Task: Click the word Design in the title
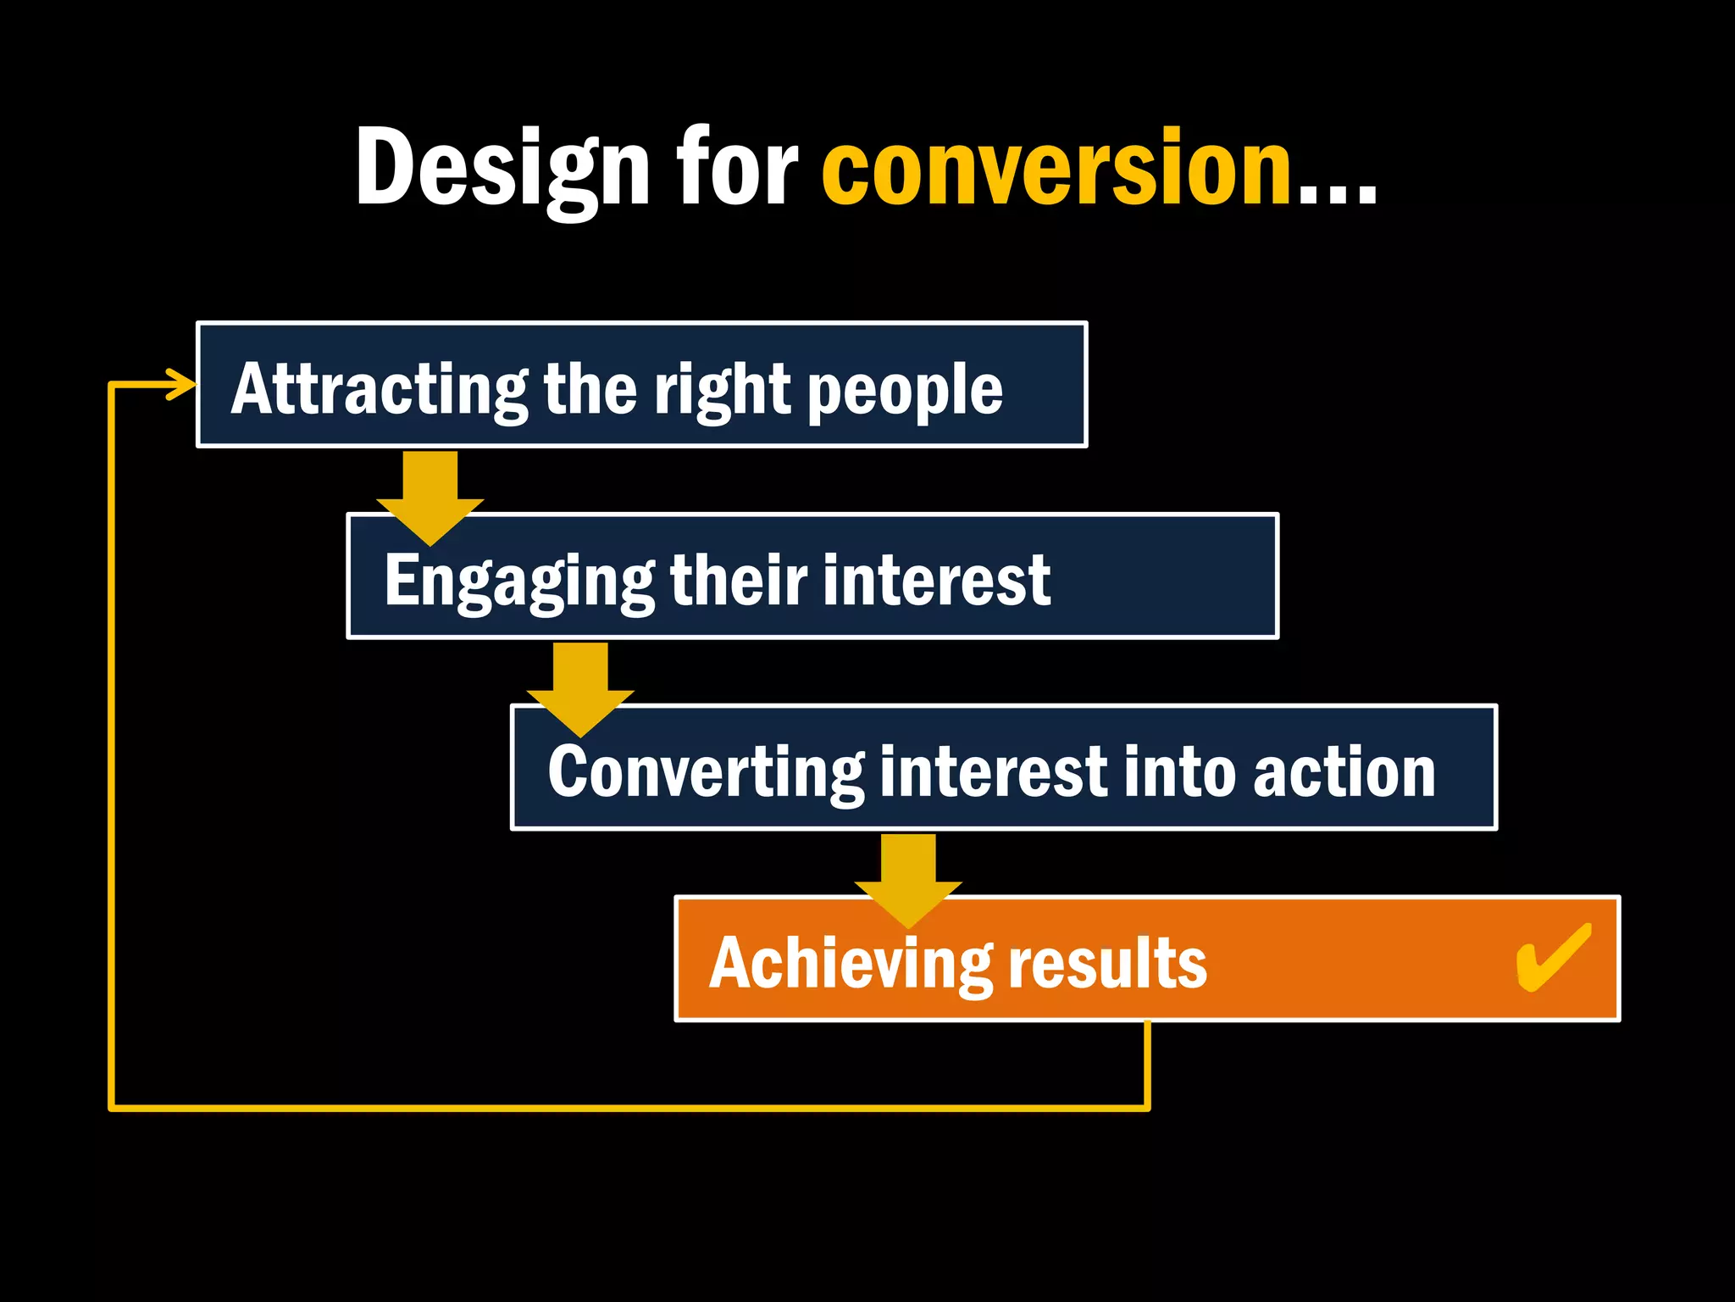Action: tap(502, 168)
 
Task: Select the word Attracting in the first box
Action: tap(379, 390)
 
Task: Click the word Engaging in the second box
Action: tap(518, 581)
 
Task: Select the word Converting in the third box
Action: tap(706, 772)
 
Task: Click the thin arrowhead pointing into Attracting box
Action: tap(182, 384)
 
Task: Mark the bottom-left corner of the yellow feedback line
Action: tap(112, 1107)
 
